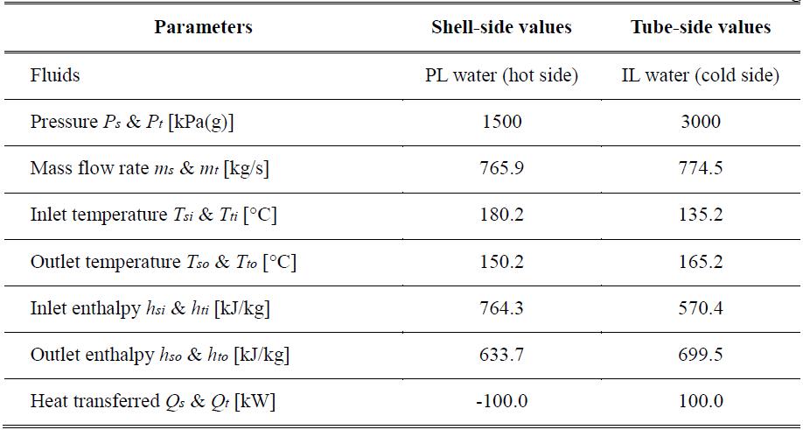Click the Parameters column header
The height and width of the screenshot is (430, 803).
point(203,27)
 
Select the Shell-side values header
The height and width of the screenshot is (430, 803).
point(501,27)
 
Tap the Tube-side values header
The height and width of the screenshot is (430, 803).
point(701,27)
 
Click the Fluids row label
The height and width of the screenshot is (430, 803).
point(55,75)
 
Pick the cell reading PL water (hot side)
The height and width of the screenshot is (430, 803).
point(501,76)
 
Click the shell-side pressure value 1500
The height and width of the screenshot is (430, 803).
point(502,122)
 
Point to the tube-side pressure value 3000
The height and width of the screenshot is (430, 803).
point(701,122)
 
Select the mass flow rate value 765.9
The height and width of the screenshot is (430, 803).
point(502,169)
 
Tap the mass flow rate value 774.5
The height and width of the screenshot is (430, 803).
point(701,169)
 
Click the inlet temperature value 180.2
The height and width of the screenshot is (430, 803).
point(502,215)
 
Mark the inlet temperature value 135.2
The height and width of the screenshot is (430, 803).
point(701,215)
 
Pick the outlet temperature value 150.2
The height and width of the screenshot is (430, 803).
point(502,261)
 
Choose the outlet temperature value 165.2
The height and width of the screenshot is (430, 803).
point(701,261)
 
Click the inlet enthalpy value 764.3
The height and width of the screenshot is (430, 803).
point(502,308)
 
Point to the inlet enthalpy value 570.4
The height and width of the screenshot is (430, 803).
point(701,308)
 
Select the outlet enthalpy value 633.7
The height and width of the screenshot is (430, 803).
point(502,355)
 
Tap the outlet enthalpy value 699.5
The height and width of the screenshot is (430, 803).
point(701,355)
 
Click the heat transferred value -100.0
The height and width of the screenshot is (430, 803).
point(502,401)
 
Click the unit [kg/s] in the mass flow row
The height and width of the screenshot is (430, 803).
point(247,169)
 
